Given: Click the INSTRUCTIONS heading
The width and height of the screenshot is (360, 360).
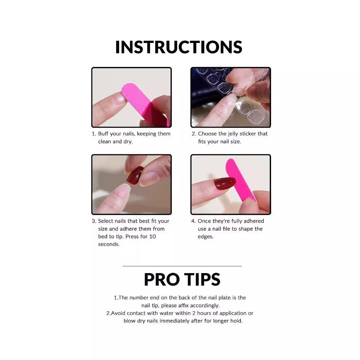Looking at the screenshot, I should pyautogui.click(x=179, y=47).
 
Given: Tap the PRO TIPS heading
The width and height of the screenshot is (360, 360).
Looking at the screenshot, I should pyautogui.click(x=182, y=279).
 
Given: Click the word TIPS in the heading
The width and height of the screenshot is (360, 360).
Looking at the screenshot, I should pyautogui.click(x=202, y=279).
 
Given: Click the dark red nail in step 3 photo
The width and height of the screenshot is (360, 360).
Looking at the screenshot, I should pyautogui.click(x=135, y=175).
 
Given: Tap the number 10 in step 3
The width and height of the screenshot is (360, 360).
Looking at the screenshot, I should pyautogui.click(x=153, y=237).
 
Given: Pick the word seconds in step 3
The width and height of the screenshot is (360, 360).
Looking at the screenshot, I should pyautogui.click(x=109, y=244).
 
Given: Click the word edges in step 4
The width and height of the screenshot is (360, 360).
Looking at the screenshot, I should pyautogui.click(x=205, y=237).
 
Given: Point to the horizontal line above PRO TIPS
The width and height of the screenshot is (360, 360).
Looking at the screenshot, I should pyautogui.click(x=182, y=266).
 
